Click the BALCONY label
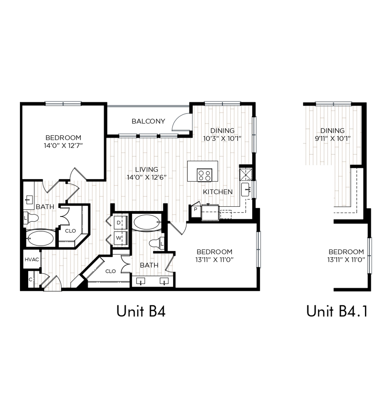click(148, 121)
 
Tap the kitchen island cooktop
click(204, 175)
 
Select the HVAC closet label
click(32, 259)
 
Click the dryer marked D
click(120, 222)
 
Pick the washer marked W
click(120, 238)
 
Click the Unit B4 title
click(141, 311)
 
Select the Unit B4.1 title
click(337, 311)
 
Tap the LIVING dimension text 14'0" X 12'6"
click(146, 178)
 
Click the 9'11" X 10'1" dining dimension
click(332, 138)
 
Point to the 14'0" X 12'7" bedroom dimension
click(63, 146)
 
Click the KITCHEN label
click(217, 192)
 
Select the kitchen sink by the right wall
click(246, 189)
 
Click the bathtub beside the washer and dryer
click(146, 222)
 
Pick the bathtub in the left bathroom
click(40, 239)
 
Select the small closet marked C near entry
click(31, 279)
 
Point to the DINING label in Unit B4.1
click(332, 130)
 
